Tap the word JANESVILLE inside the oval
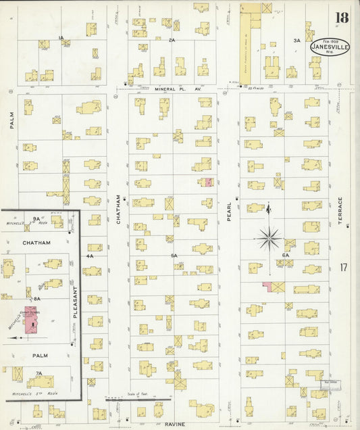[x=330, y=47]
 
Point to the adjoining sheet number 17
[x=344, y=267]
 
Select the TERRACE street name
[x=340, y=212]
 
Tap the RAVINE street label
[x=175, y=424]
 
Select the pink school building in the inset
[x=31, y=318]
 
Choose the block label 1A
[x=61, y=38]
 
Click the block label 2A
[x=172, y=40]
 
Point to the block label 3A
[x=297, y=41]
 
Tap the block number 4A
[x=89, y=256]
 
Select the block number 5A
[x=174, y=256]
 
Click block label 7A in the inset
[x=38, y=373]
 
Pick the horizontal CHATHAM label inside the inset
[x=36, y=242]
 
